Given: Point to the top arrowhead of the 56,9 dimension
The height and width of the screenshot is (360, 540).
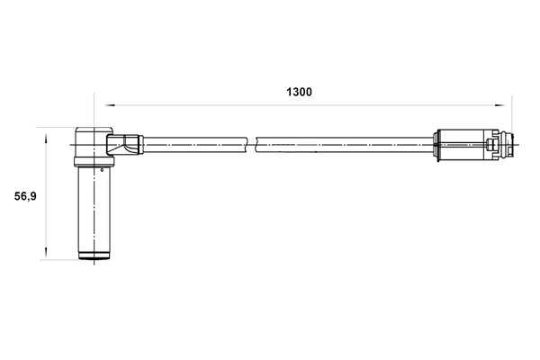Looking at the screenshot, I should coord(45,132).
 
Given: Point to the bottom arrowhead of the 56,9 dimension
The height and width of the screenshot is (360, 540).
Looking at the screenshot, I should coord(45,257).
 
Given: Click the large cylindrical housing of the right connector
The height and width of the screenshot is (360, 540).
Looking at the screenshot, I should coord(461,143).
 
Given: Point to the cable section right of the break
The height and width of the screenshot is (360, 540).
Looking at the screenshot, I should coord(342,142).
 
